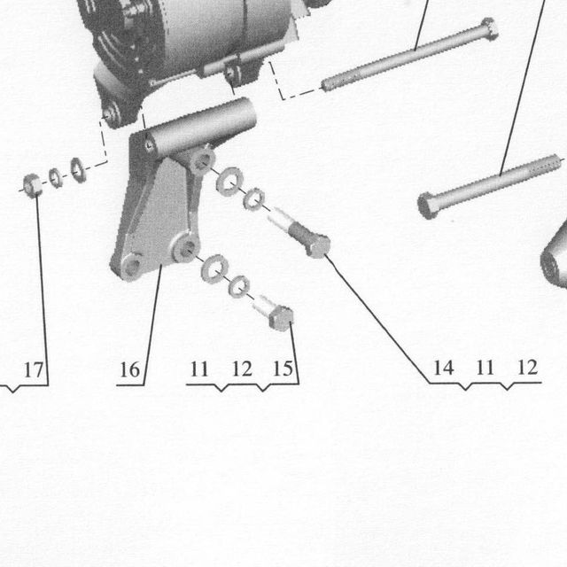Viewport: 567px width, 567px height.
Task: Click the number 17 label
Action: point(34,369)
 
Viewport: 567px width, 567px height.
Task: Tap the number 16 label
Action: point(129,369)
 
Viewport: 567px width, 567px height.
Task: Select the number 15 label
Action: point(283,369)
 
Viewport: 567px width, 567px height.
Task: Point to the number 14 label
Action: point(443,368)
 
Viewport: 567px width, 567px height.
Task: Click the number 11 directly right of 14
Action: point(485,368)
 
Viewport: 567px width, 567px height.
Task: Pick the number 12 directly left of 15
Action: point(242,369)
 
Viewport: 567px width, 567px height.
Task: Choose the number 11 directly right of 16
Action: point(199,369)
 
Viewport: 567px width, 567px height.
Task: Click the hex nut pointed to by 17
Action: point(32,185)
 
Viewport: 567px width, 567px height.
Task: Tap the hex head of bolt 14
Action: point(317,246)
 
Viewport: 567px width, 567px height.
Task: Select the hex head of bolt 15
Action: point(282,317)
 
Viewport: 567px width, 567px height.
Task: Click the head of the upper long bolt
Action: point(489,28)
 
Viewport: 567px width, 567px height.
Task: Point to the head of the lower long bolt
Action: point(427,205)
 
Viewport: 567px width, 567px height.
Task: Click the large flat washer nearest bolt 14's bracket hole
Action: point(229,182)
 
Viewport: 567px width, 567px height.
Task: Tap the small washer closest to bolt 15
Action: point(239,285)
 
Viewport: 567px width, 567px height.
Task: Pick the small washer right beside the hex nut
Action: point(55,177)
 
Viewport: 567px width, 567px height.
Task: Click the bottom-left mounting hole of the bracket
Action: point(131,266)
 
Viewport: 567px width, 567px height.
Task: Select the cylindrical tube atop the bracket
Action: point(202,126)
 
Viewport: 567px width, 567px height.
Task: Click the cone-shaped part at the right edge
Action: point(554,256)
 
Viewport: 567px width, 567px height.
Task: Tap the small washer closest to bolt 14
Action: point(254,198)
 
